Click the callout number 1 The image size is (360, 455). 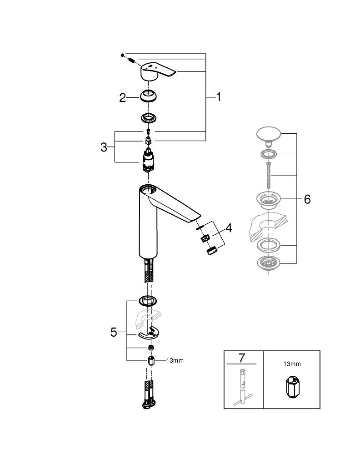point(219,97)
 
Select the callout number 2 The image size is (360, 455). point(122,98)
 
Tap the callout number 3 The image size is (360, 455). point(104,147)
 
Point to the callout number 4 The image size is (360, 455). point(229,228)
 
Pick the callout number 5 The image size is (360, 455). point(114,332)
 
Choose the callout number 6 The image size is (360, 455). point(307,199)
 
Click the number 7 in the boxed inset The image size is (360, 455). point(241,358)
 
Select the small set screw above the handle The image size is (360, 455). point(123,55)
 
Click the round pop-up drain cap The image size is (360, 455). point(270,134)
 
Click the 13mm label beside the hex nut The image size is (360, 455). point(175,361)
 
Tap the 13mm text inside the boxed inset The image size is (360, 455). point(292,364)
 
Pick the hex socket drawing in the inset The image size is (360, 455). point(292,387)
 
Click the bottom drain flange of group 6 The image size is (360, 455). point(270,263)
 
